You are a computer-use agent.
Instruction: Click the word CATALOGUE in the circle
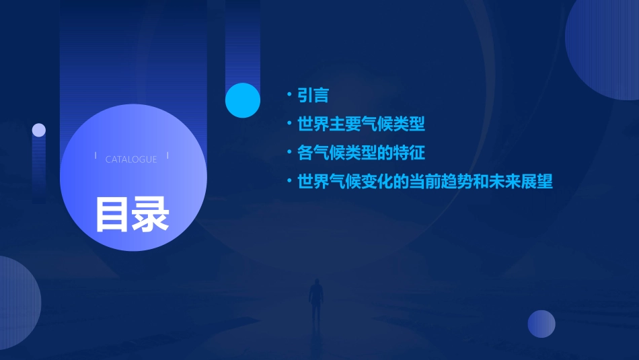coord(131,159)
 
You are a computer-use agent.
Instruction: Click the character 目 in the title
coord(112,214)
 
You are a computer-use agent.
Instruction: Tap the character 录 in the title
coord(151,214)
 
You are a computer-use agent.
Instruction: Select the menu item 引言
coord(313,96)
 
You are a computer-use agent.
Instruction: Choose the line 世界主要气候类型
coord(361,124)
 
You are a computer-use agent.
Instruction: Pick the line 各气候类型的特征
coord(361,153)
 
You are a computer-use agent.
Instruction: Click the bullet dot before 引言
coord(289,95)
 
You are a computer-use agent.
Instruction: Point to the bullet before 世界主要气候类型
coord(289,123)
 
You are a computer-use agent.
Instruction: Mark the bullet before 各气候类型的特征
coord(289,152)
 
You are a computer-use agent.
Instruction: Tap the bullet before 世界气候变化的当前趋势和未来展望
coord(289,181)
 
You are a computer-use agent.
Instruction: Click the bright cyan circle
coord(243,100)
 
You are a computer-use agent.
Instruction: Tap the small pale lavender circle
coord(39,130)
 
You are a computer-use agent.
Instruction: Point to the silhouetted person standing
coord(315,302)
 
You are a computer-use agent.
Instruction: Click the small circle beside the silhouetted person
coord(541,324)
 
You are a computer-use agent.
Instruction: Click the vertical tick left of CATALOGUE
coord(96,156)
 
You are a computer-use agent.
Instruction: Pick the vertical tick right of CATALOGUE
coord(167,156)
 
